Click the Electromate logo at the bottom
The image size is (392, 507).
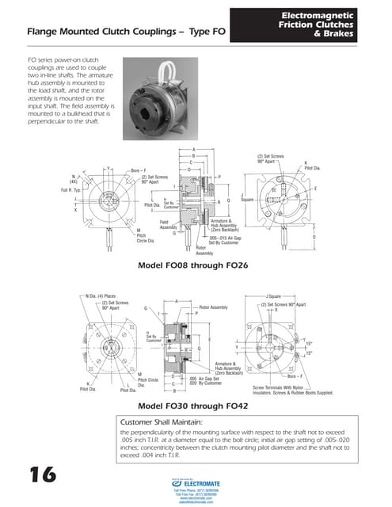pos(196,485)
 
